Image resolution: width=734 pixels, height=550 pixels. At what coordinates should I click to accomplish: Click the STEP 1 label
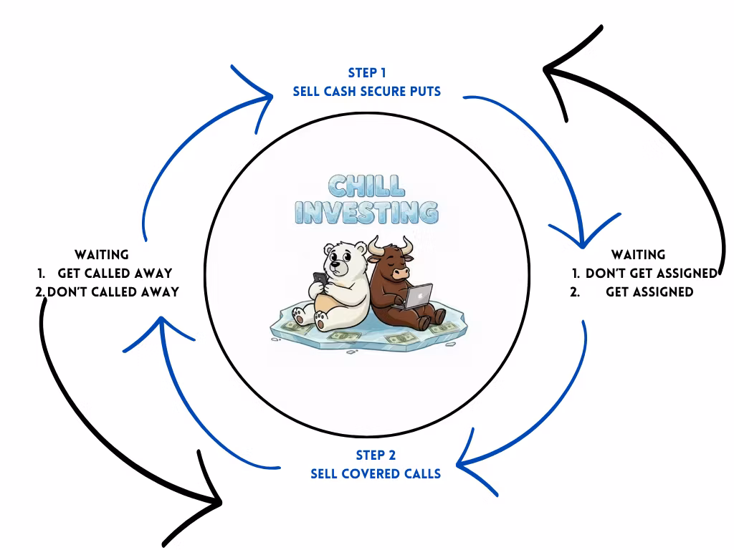click(x=367, y=73)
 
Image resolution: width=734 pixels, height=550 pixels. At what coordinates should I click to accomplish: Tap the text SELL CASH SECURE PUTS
click(x=367, y=92)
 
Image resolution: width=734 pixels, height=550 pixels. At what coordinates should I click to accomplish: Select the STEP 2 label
click(x=376, y=455)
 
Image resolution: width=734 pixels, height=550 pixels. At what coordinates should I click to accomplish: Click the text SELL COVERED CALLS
click(x=376, y=473)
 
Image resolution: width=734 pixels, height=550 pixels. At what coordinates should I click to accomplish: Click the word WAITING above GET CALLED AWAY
click(x=102, y=254)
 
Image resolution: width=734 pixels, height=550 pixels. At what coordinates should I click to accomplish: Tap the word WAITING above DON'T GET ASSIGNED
click(x=638, y=254)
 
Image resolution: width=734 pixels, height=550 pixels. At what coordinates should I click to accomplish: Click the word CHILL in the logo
click(x=366, y=186)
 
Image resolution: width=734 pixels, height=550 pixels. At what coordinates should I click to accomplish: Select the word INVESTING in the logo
click(x=367, y=213)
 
